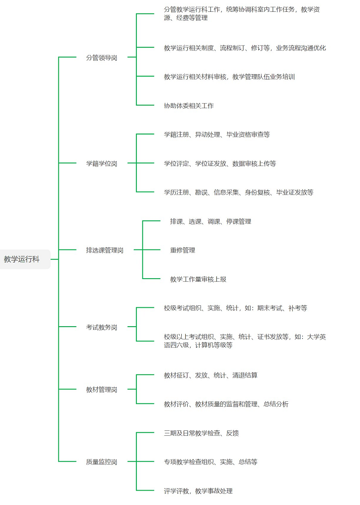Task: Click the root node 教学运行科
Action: click(x=22, y=259)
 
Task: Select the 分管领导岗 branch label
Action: click(x=101, y=57)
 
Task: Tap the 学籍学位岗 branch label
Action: click(x=101, y=163)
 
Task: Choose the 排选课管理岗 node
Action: click(x=104, y=250)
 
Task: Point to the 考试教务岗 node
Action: click(x=101, y=327)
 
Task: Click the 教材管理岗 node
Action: click(x=101, y=389)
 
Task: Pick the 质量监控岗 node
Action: click(x=101, y=462)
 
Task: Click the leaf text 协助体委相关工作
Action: click(x=189, y=105)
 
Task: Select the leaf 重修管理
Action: click(x=183, y=250)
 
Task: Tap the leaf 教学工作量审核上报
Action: click(x=198, y=279)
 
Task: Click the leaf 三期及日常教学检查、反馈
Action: click(x=201, y=433)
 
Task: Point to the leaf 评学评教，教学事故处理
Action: click(x=198, y=491)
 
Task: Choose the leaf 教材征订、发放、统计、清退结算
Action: click(x=210, y=375)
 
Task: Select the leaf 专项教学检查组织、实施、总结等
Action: click(x=210, y=462)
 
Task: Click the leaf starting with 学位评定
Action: click(x=220, y=163)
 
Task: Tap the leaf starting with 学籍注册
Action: click(x=217, y=134)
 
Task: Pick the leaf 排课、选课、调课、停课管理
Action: click(x=210, y=221)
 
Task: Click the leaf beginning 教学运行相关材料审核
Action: click(x=229, y=77)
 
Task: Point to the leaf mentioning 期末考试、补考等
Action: click(x=236, y=308)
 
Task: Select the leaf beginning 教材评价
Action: click(x=226, y=404)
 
